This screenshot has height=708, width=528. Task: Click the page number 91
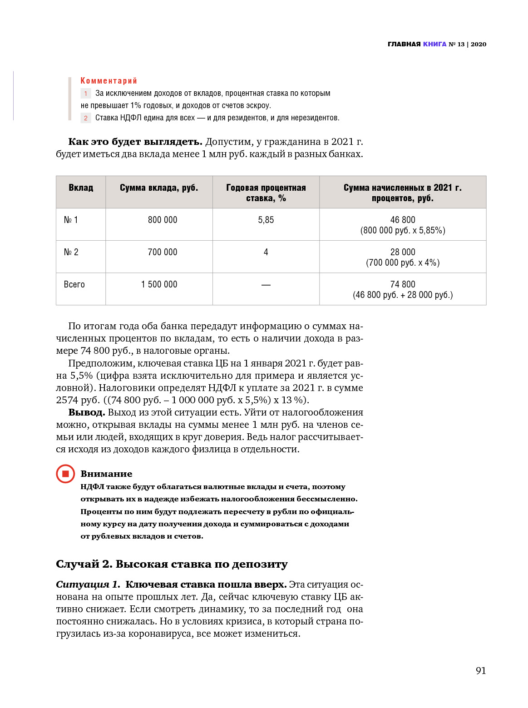(480, 671)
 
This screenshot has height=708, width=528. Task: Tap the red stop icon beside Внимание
(65, 474)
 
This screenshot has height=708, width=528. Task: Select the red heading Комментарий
(109, 81)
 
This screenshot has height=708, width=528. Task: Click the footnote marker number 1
(86, 94)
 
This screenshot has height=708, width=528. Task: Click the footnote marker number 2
(86, 118)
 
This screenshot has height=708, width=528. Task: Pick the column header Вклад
(81, 188)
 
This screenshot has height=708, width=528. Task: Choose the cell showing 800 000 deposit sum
(163, 220)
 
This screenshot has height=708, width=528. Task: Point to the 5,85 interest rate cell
(266, 220)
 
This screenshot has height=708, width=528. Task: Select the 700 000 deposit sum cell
(163, 252)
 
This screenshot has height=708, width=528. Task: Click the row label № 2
(71, 252)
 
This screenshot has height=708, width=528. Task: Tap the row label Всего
(74, 284)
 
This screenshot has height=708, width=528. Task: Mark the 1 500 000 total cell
(159, 284)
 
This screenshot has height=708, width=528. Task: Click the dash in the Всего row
(266, 285)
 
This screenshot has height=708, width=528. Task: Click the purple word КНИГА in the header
(434, 44)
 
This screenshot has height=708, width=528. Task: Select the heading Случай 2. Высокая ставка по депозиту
(172, 564)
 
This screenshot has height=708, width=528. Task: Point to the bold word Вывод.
(86, 412)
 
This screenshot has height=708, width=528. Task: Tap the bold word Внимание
(106, 474)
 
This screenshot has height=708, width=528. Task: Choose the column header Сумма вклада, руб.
(159, 188)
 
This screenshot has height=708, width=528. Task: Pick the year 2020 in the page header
(479, 44)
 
